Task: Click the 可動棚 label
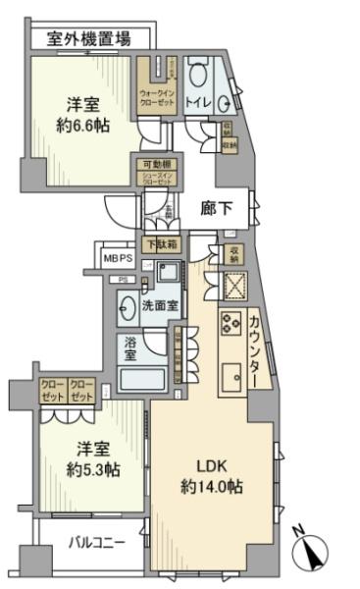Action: point(154,165)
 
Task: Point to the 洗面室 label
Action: point(161,305)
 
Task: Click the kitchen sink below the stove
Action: point(232,379)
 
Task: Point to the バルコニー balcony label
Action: point(94,542)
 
